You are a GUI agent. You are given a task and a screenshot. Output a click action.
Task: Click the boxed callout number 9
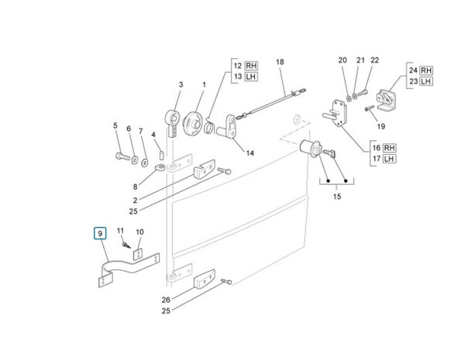[100, 233]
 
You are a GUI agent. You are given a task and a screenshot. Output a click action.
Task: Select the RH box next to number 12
[251, 66]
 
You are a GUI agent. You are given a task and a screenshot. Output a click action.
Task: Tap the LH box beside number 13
[251, 77]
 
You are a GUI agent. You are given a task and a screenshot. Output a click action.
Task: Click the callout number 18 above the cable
[280, 62]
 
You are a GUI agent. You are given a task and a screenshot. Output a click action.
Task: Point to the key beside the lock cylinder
[329, 153]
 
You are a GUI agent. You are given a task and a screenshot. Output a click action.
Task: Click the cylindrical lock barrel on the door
[311, 147]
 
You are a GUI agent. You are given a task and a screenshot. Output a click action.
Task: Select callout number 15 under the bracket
[337, 197]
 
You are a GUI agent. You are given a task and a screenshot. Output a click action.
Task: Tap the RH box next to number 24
[426, 70]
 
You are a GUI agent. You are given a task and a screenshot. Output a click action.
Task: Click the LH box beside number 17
[389, 159]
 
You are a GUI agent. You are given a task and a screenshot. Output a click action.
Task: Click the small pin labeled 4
[162, 155]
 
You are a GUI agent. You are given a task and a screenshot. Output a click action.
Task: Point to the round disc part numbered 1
[192, 123]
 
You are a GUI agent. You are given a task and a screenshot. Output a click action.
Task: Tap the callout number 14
[250, 153]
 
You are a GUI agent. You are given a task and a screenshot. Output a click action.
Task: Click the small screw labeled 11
[126, 245]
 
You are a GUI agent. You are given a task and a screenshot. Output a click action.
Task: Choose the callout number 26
[166, 300]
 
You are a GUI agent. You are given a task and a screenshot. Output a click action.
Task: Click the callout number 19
[381, 126]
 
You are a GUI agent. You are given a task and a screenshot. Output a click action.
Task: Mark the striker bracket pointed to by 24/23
[386, 100]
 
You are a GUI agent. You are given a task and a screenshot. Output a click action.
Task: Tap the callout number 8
[135, 187]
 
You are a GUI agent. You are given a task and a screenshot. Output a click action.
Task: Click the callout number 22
[375, 60]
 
